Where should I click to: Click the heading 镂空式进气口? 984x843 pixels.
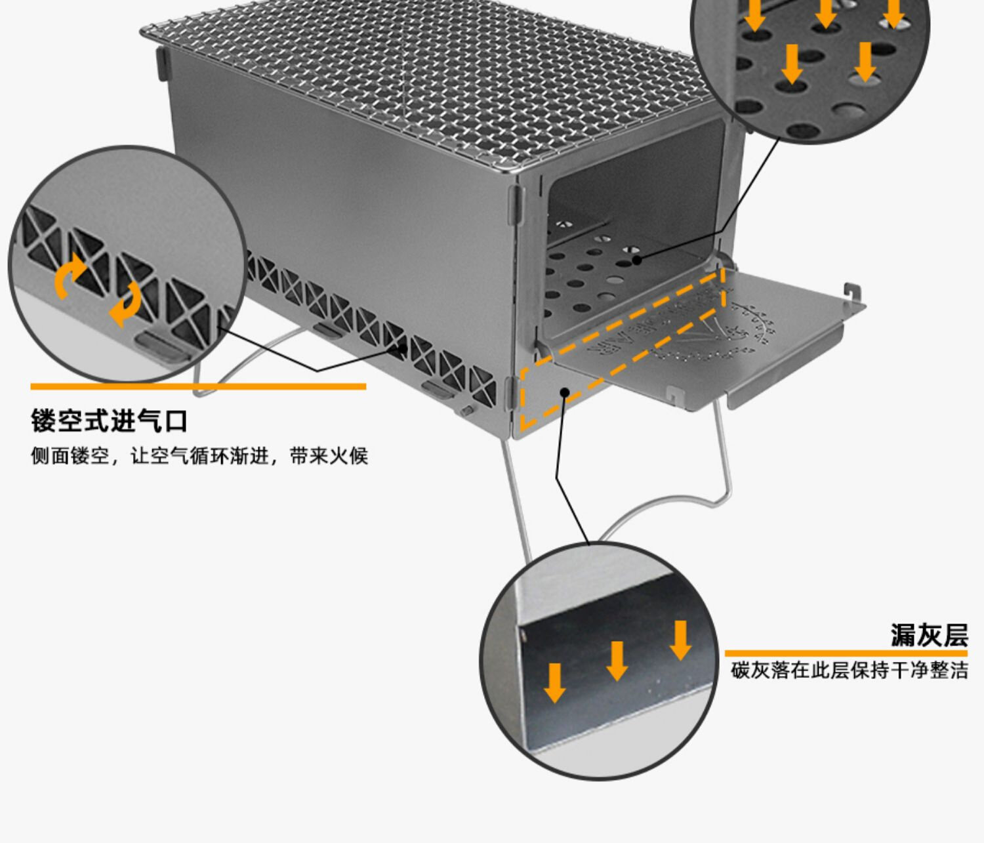(110, 421)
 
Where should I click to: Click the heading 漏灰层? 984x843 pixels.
(928, 635)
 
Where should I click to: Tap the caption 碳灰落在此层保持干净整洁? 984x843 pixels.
(850, 670)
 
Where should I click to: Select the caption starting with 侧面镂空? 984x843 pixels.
(199, 456)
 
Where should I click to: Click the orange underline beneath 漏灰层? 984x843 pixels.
(846, 653)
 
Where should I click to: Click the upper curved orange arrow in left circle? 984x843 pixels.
(70, 274)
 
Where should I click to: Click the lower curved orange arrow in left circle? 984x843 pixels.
(125, 303)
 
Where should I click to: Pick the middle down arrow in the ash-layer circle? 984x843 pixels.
(617, 660)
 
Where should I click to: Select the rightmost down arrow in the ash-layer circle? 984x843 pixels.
(680, 640)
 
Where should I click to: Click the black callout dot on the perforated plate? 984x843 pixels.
(636, 260)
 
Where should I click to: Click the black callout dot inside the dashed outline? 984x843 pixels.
(564, 392)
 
